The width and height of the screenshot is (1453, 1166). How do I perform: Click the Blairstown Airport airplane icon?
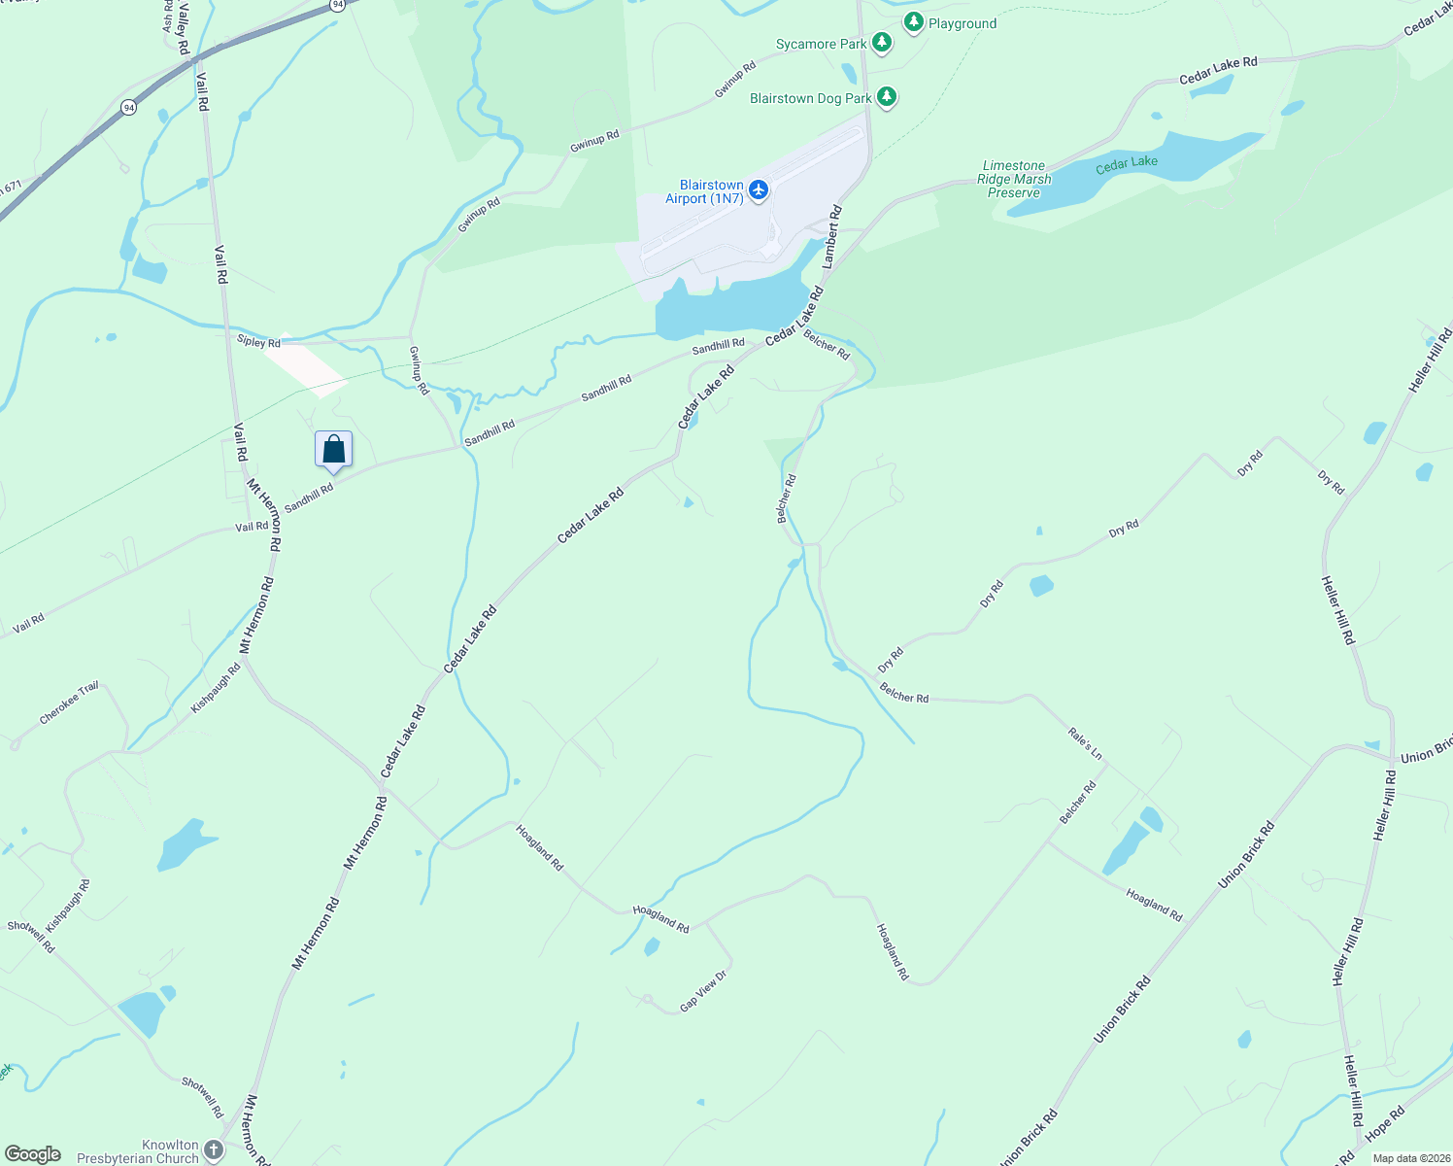759,189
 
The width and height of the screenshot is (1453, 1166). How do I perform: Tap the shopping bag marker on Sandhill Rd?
333,450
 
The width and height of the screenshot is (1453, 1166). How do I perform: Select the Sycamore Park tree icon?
882,43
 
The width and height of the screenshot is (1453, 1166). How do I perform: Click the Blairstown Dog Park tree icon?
886,97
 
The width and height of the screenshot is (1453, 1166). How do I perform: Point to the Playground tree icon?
913,22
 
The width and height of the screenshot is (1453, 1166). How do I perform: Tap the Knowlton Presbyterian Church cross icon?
214,1151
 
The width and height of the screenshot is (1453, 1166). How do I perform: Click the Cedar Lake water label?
1127,164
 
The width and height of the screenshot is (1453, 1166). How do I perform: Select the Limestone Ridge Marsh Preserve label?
1014,179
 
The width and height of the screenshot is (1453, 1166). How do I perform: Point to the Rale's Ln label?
1085,743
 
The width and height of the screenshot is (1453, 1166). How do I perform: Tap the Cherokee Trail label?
69,703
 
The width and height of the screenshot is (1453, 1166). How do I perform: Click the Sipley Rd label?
258,342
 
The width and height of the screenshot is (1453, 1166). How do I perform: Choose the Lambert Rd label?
831,236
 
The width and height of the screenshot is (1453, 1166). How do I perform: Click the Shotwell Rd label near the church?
202,1096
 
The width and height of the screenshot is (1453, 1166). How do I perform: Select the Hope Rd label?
1385,1123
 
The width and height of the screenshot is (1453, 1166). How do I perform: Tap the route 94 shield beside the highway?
129,108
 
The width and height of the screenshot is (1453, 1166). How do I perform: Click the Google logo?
32,1154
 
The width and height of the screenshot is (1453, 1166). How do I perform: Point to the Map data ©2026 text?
1411,1158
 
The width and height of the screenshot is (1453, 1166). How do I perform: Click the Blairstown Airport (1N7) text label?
704,191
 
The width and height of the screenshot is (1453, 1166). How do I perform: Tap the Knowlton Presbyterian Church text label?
138,1151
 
